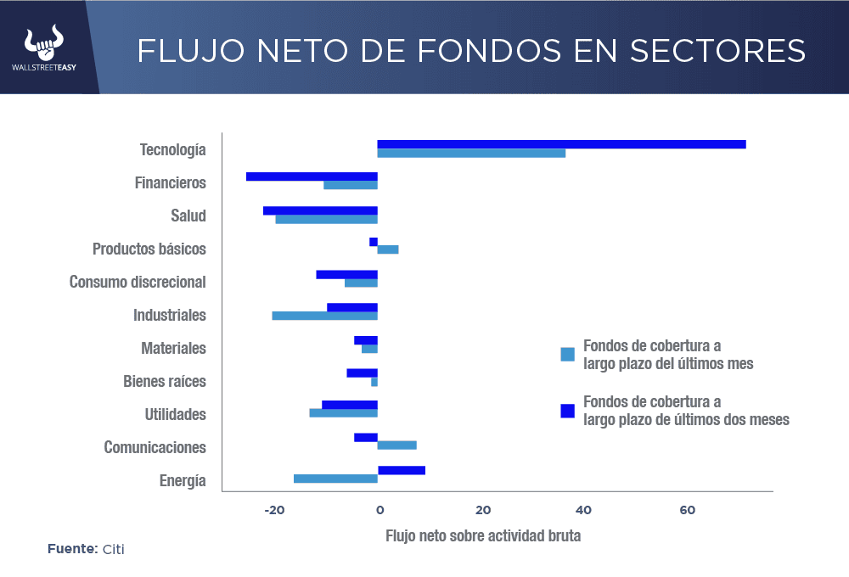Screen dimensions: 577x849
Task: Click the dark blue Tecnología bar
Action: (x=561, y=144)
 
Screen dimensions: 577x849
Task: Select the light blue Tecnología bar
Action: (x=471, y=154)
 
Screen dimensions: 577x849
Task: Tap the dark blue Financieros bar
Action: (x=312, y=176)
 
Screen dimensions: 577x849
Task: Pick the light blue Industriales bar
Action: (x=324, y=316)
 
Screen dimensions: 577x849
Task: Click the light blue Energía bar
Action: (x=335, y=479)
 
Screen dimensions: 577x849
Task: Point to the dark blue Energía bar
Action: (x=402, y=470)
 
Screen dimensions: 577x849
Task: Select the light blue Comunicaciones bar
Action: (x=396, y=445)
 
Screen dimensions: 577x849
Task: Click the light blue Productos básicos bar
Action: (x=388, y=249)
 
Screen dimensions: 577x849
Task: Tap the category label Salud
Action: (x=188, y=216)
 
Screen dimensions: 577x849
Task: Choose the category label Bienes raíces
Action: (x=165, y=381)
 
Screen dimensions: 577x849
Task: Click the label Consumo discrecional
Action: (x=138, y=282)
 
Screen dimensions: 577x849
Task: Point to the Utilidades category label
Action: (x=175, y=414)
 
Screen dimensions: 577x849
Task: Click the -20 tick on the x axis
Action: (x=274, y=510)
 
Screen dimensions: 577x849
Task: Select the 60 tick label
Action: (x=687, y=510)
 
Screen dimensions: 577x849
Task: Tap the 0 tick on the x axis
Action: (x=380, y=510)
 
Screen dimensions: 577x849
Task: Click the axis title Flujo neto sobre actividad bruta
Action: (x=483, y=536)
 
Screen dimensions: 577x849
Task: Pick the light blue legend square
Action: (x=568, y=355)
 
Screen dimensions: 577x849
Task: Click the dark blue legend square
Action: (x=568, y=411)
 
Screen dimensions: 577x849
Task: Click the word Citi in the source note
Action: (x=114, y=549)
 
